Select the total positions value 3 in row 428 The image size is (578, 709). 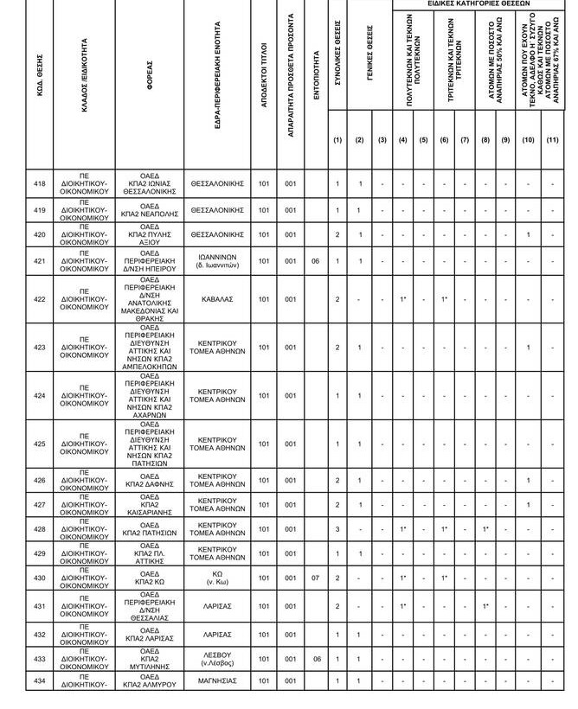tap(337, 529)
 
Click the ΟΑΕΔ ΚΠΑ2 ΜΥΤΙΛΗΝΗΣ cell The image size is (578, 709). tap(150, 659)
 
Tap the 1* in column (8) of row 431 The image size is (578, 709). tap(485, 607)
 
